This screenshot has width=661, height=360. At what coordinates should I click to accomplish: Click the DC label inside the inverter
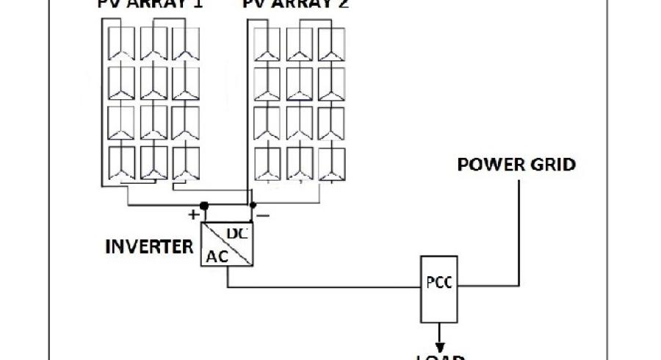click(236, 233)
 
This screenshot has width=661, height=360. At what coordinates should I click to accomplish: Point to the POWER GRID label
click(516, 164)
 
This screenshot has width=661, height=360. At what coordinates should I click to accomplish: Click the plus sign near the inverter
click(193, 215)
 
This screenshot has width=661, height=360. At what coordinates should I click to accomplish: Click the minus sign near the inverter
click(262, 215)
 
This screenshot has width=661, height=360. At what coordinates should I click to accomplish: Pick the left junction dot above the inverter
click(204, 205)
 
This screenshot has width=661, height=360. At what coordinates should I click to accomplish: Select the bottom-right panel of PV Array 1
click(187, 162)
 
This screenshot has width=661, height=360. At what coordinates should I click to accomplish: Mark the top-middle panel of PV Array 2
click(300, 44)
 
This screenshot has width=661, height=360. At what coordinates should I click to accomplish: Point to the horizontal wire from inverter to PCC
click(323, 287)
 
